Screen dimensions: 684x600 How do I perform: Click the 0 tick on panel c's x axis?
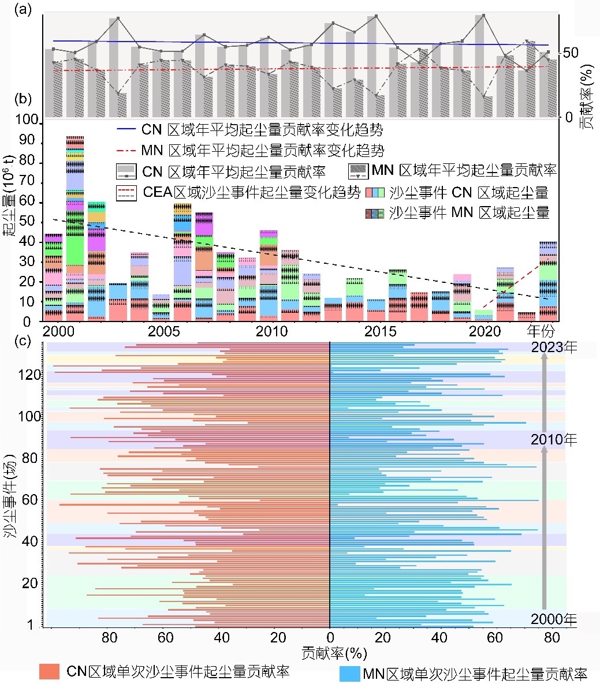330,638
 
